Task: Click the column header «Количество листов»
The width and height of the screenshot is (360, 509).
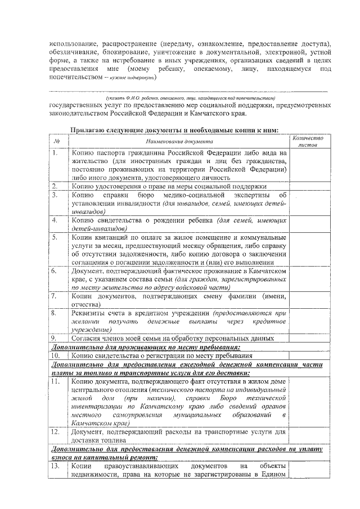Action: tap(307, 141)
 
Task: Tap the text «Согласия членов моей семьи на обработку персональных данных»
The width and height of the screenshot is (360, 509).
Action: tap(173, 338)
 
